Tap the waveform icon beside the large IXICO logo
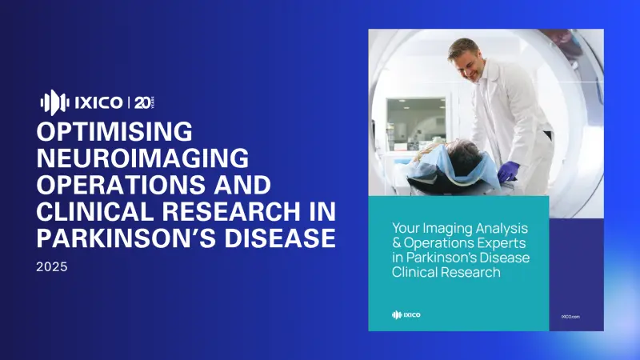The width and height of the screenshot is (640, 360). click(x=50, y=102)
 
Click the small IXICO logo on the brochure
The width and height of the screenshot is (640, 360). click(x=406, y=314)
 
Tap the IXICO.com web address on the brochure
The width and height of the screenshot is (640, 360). click(x=570, y=316)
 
